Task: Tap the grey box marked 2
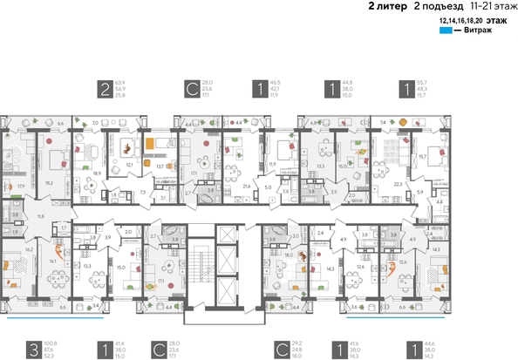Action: click(106, 88)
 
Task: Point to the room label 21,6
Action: click(247, 186)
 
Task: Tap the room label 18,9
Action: click(97, 173)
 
